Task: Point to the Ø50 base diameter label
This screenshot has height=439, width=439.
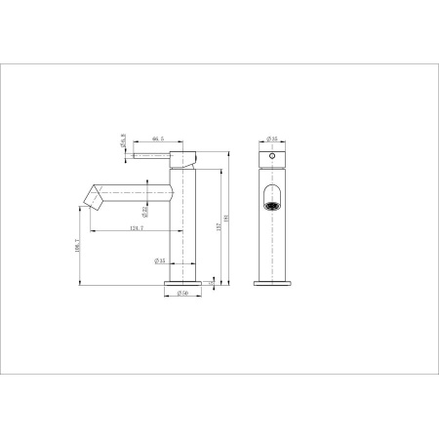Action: click(182, 293)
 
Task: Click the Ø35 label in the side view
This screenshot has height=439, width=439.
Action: click(159, 260)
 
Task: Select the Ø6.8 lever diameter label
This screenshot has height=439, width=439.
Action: click(123, 143)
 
